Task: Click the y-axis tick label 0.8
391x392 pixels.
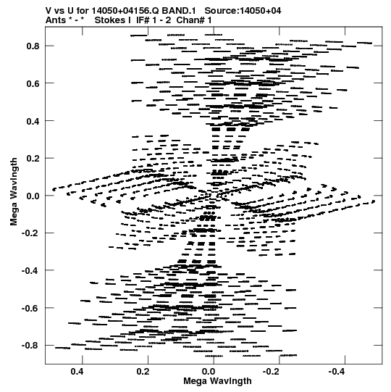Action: [33, 46]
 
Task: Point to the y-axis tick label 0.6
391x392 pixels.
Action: [33, 83]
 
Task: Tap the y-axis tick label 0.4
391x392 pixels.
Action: [33, 121]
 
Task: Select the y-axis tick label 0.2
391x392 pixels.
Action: [33, 159]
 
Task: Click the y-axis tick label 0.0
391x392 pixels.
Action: [33, 196]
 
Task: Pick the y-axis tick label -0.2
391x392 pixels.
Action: [30, 233]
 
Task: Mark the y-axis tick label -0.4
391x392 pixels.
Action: [30, 270]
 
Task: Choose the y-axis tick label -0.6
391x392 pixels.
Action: [30, 308]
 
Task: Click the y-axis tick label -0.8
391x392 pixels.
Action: [30, 346]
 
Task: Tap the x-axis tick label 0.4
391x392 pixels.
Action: [77, 372]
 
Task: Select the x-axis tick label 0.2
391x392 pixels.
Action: [143, 372]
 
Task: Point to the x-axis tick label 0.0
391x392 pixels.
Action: [209, 372]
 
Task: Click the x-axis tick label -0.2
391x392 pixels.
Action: [272, 372]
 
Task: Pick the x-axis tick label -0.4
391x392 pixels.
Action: [337, 372]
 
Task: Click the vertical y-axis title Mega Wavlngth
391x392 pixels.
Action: [14, 192]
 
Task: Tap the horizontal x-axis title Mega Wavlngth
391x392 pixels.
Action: [217, 381]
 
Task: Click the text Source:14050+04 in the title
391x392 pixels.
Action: [243, 11]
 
